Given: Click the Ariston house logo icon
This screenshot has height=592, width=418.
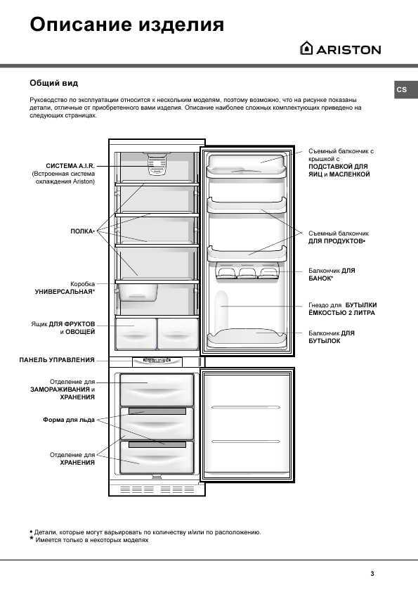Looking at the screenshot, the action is (306, 49).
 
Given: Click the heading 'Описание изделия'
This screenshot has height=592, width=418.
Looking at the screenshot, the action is (126, 25).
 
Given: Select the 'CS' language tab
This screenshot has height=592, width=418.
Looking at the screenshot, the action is (401, 90).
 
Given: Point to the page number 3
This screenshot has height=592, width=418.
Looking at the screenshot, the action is (372, 573).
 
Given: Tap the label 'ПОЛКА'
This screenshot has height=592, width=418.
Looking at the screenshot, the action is (82, 231).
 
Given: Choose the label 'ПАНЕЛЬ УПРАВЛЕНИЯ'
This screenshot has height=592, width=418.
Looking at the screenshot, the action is (57, 359).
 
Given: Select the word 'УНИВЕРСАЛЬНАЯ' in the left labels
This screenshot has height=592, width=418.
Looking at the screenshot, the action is (65, 290).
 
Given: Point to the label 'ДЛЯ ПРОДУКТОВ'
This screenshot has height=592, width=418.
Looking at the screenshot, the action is (337, 241).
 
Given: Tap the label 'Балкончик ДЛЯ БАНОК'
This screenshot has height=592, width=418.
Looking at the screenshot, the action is (332, 274).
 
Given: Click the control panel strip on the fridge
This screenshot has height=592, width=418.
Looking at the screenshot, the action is (157, 361).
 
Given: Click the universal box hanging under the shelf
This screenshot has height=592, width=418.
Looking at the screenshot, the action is (138, 291).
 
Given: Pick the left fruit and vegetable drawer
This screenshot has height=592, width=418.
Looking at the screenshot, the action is (133, 333).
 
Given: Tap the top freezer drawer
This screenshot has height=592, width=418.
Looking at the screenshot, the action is (156, 387).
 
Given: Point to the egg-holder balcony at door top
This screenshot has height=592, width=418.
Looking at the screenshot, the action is (247, 164).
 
